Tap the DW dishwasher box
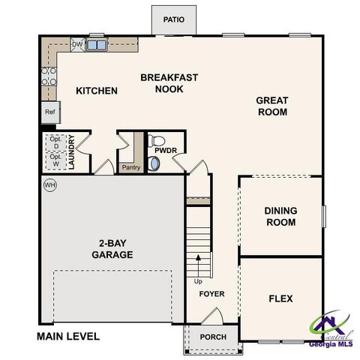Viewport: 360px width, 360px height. [x=77, y=45]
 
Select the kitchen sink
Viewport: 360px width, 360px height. [x=95, y=46]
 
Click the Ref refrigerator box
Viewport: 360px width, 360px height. [x=49, y=112]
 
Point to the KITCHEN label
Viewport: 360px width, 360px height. [x=97, y=91]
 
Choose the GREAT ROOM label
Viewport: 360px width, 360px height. [x=271, y=106]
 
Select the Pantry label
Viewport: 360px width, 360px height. [x=131, y=167]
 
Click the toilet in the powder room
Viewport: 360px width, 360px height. [x=156, y=140]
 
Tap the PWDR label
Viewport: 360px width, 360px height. [x=165, y=150]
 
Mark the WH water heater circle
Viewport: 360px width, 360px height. [x=49, y=184]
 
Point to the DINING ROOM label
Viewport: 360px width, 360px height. [x=280, y=217]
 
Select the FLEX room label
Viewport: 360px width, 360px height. [x=280, y=298]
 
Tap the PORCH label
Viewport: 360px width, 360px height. [x=212, y=337]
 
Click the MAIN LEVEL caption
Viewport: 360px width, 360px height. [x=68, y=336]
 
